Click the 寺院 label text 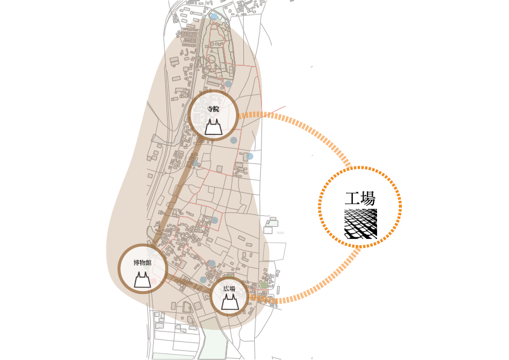pyautogui.click(x=213, y=110)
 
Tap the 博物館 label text pyautogui.click(x=142, y=263)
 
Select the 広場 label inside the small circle pyautogui.click(x=229, y=289)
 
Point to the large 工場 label pyautogui.click(x=360, y=198)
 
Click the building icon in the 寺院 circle pyautogui.click(x=213, y=127)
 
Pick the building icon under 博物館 pyautogui.click(x=142, y=280)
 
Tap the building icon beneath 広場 pyautogui.click(x=230, y=302)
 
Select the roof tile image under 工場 pyautogui.click(x=361, y=224)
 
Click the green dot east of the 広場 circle pyautogui.click(x=264, y=285)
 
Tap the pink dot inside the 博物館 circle pyautogui.click(x=153, y=281)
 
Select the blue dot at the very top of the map pyautogui.click(x=214, y=16)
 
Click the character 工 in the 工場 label pyautogui.click(x=352, y=198)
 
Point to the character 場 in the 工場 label pyautogui.click(x=368, y=198)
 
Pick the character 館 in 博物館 pyautogui.click(x=148, y=263)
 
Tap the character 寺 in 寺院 pyautogui.click(x=210, y=110)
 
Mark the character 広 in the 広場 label pyautogui.click(x=226, y=289)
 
